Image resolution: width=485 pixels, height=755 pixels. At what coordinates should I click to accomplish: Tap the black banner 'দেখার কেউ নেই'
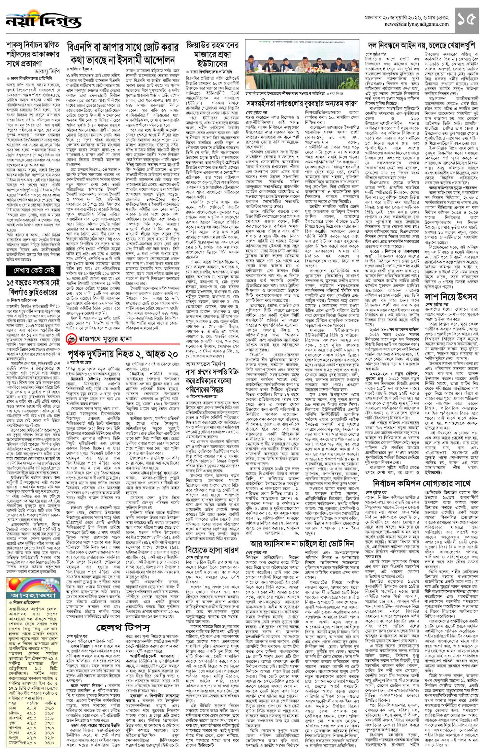click(33, 270)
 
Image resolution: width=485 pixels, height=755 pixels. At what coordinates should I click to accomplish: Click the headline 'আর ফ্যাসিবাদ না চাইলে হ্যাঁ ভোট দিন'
click(302, 544)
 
